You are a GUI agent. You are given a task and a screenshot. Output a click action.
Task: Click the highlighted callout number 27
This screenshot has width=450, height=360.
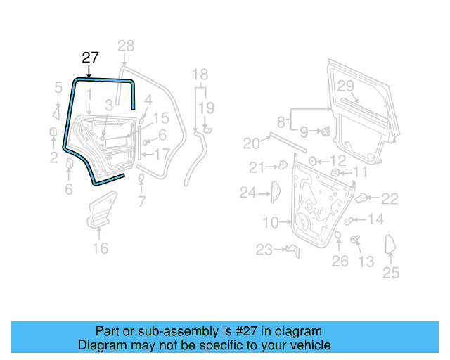(x=90, y=58)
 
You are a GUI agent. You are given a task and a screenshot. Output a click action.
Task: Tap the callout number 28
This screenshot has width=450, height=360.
(x=125, y=47)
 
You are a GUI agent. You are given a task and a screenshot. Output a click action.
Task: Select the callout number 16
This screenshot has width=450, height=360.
(x=101, y=247)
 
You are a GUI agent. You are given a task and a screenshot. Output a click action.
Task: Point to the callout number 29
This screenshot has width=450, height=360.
(x=345, y=86)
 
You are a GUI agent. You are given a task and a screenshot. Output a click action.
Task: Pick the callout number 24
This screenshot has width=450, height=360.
(x=247, y=191)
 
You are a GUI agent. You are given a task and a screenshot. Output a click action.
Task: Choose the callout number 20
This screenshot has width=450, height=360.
(x=251, y=143)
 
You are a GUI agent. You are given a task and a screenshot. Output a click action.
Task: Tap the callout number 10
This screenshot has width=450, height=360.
(x=271, y=223)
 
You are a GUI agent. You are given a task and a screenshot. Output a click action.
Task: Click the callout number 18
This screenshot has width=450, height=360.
(x=200, y=75)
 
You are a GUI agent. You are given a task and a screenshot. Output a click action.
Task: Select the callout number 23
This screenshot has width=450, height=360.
(x=264, y=250)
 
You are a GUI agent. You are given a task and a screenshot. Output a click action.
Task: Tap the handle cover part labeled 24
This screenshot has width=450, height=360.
(x=275, y=191)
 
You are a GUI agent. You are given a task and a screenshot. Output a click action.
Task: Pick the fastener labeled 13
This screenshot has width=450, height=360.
(x=354, y=241)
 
